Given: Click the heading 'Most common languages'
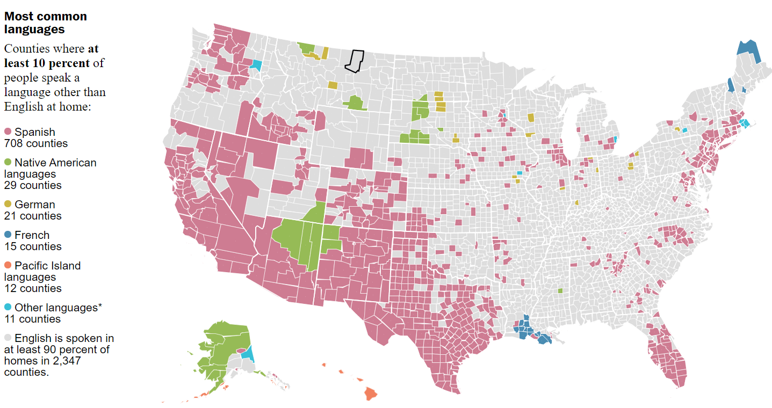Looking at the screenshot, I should (45, 23).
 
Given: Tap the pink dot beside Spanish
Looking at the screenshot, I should (8, 132).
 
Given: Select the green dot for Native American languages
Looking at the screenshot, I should (8, 163).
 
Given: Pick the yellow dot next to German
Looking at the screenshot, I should (8, 205).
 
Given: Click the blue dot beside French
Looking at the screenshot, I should (8, 235).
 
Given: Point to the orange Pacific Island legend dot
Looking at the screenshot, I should (8, 266).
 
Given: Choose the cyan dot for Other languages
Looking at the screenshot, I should (8, 308).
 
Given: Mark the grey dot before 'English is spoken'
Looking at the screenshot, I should (8, 338).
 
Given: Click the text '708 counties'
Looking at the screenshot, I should (35, 143).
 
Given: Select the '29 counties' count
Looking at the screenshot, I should (33, 185).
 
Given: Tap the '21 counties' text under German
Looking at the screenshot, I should (33, 216).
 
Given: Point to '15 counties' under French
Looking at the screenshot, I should (33, 246).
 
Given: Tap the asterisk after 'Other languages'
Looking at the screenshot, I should (99, 307).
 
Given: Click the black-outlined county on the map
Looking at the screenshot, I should (355, 61).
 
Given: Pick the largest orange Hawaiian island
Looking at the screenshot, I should (370, 394).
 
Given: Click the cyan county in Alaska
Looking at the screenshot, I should (248, 353).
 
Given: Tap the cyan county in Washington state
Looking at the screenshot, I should (256, 65).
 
